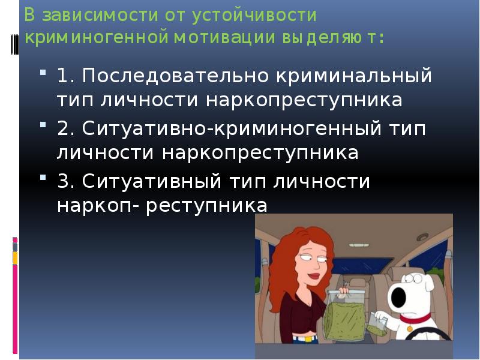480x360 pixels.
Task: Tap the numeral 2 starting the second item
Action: (64, 129)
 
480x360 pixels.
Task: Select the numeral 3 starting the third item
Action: (64, 181)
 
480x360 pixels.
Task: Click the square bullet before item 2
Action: (45, 126)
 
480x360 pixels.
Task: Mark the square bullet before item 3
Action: (45, 178)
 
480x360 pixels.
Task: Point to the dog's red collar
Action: (414, 329)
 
